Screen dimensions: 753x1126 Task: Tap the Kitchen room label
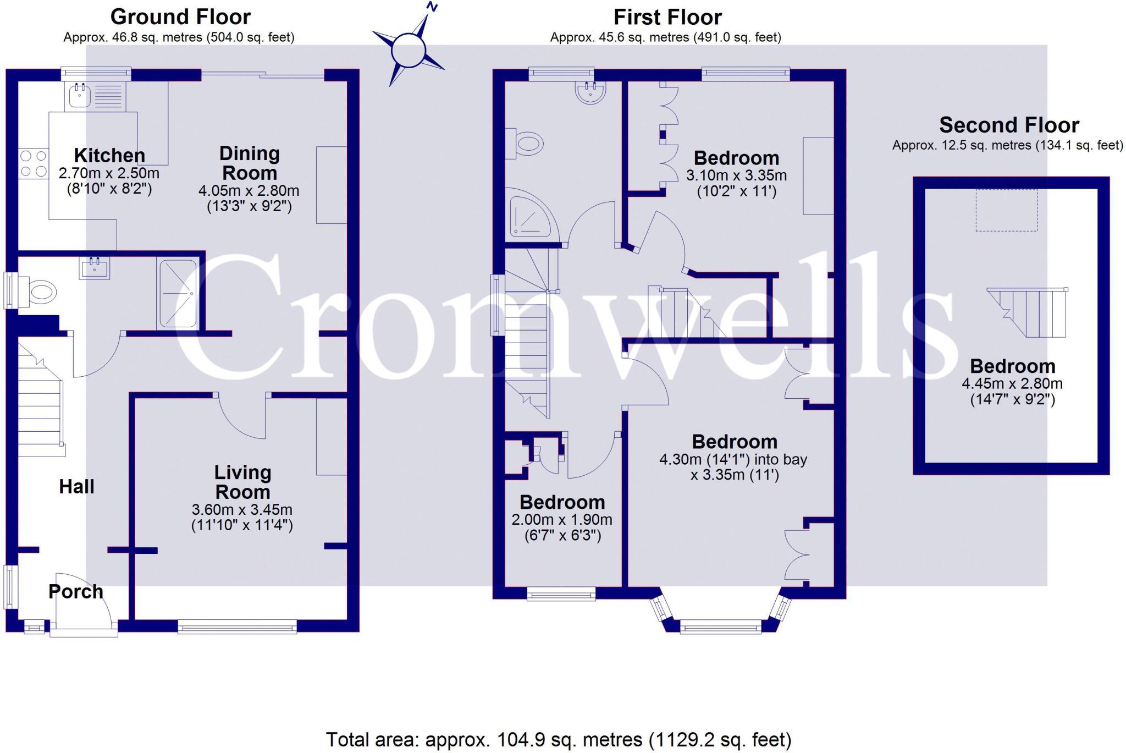pyautogui.click(x=109, y=156)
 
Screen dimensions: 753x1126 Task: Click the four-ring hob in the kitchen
pyautogui.click(x=34, y=164)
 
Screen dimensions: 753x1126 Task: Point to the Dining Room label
pyautogui.click(x=249, y=163)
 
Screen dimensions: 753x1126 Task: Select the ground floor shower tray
pyautogui.click(x=178, y=294)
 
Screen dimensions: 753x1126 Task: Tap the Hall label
pyautogui.click(x=76, y=487)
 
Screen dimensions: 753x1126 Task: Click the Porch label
pyautogui.click(x=76, y=592)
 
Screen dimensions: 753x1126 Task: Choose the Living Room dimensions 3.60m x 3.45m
pyautogui.click(x=242, y=517)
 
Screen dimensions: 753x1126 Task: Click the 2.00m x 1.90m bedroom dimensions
pyautogui.click(x=562, y=527)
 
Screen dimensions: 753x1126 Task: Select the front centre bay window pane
pyautogui.click(x=721, y=626)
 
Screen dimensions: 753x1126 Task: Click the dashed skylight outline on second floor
pyautogui.click(x=1007, y=210)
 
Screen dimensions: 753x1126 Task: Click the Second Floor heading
pyautogui.click(x=1009, y=125)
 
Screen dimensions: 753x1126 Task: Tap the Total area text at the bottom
pyautogui.click(x=559, y=740)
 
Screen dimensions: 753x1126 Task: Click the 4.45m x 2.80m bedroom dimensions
pyautogui.click(x=1012, y=391)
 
